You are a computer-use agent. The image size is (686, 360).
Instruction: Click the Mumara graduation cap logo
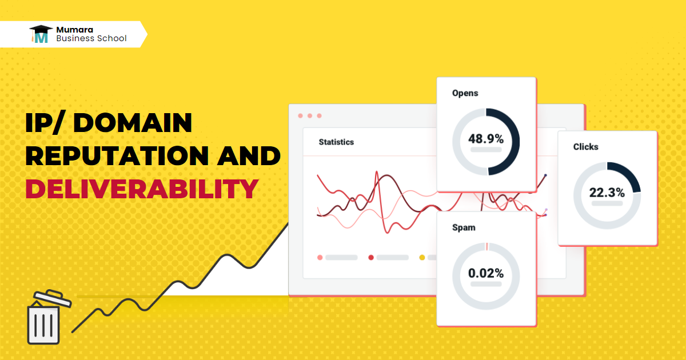click(41, 34)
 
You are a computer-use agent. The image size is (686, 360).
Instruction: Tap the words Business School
click(91, 39)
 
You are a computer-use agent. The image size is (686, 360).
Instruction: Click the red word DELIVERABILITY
click(141, 189)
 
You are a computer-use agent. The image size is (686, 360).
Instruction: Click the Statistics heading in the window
click(336, 142)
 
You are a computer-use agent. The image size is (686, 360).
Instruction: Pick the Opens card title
click(465, 93)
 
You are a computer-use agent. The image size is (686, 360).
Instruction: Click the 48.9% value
click(486, 138)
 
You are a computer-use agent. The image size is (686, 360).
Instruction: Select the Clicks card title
click(586, 147)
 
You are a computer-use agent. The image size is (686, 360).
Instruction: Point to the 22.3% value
click(607, 193)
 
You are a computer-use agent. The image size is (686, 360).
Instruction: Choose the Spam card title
click(464, 227)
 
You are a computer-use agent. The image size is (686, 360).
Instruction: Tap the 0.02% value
click(486, 273)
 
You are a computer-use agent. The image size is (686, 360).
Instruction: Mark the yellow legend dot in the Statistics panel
click(422, 258)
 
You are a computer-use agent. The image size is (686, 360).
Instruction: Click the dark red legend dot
click(371, 258)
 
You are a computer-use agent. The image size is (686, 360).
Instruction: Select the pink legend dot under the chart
click(320, 258)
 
